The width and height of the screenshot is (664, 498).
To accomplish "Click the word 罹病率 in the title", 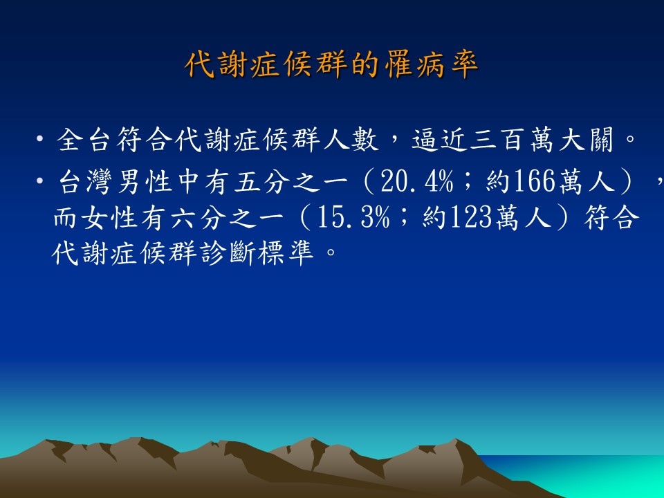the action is [432, 65].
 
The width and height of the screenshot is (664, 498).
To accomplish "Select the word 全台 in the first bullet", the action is [83, 140].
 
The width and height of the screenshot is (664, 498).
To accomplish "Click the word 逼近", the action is [439, 140].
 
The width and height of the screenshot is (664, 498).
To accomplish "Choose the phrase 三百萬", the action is [512, 140].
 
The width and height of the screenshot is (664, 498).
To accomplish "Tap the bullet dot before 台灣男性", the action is [40, 181].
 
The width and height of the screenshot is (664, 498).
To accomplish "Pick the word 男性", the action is [145, 182].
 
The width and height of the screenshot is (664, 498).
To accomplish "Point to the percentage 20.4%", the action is [416, 182].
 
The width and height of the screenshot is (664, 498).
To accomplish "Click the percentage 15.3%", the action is [353, 219].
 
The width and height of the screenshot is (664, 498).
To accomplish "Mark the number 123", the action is [471, 219].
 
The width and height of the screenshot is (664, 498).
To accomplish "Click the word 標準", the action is [286, 254].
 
